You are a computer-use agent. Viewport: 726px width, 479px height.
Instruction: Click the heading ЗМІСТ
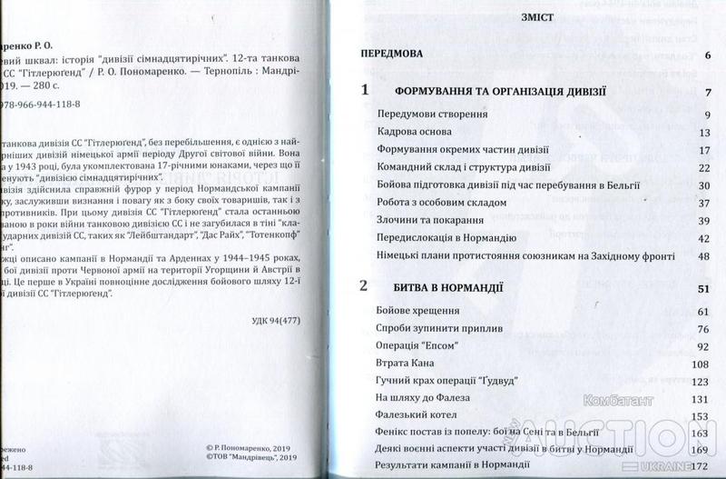(x=533, y=17)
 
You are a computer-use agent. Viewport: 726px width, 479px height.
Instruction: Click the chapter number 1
(x=364, y=90)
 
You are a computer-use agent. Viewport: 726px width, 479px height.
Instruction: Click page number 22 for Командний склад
(x=701, y=168)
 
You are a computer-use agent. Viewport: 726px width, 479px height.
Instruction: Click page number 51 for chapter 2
(x=701, y=290)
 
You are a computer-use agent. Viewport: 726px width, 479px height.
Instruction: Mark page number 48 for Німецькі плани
(x=701, y=256)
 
